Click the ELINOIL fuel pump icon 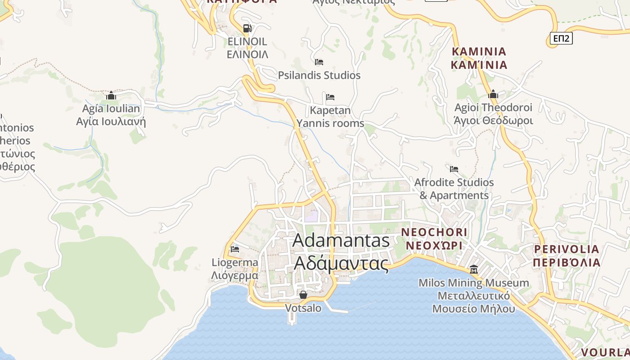(x=247, y=28)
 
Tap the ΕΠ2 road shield (x=561, y=38)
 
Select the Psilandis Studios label (x=319, y=75)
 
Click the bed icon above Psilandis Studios (x=319, y=62)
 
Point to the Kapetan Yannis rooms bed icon (x=330, y=97)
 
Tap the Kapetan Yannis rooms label (x=330, y=117)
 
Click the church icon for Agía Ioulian (x=111, y=95)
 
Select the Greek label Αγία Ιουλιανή (x=111, y=121)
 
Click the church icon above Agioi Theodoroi (x=493, y=94)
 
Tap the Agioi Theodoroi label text (x=493, y=108)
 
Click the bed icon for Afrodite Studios (x=454, y=169)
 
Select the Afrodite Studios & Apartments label (x=454, y=189)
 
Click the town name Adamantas (x=341, y=240)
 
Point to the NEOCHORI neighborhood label (x=434, y=232)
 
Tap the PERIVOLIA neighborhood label (x=567, y=249)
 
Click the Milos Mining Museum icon (x=474, y=270)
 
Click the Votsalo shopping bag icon (x=303, y=295)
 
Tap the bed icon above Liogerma (x=234, y=249)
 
